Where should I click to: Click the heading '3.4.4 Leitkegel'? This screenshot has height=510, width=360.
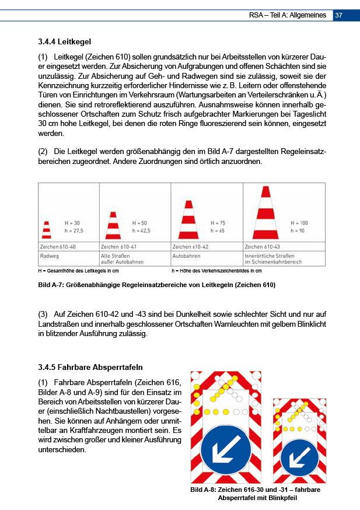click(x=65, y=42)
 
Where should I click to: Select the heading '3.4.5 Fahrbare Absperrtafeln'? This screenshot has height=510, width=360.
click(x=89, y=367)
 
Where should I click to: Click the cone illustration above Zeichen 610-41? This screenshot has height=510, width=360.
click(x=113, y=224)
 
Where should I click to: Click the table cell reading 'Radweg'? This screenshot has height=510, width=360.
click(x=50, y=256)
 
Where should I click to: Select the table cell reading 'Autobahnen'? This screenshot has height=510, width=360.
click(x=187, y=256)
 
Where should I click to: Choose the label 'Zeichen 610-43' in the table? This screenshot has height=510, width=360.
click(x=263, y=247)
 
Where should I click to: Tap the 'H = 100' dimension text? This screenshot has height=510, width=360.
click(x=299, y=223)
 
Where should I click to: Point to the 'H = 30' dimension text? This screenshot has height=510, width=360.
click(x=72, y=223)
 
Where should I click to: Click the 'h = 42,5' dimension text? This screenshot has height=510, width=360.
click(x=142, y=230)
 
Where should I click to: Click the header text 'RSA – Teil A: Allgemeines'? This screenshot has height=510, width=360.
click(x=286, y=15)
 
